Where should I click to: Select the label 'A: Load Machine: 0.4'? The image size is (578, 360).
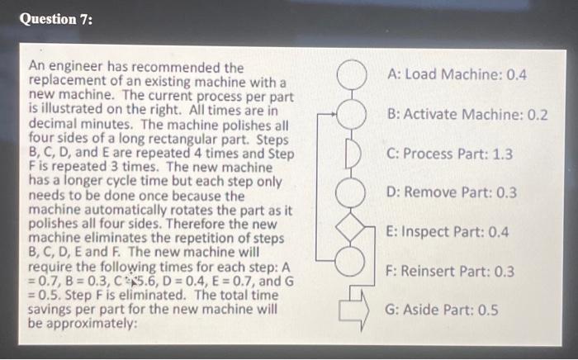[456, 75]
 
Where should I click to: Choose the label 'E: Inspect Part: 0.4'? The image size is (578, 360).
[452, 232]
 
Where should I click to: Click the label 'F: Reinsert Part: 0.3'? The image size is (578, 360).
[454, 271]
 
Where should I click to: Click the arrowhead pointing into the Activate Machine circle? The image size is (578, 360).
[337, 114]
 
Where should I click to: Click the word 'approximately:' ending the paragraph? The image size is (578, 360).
[92, 324]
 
